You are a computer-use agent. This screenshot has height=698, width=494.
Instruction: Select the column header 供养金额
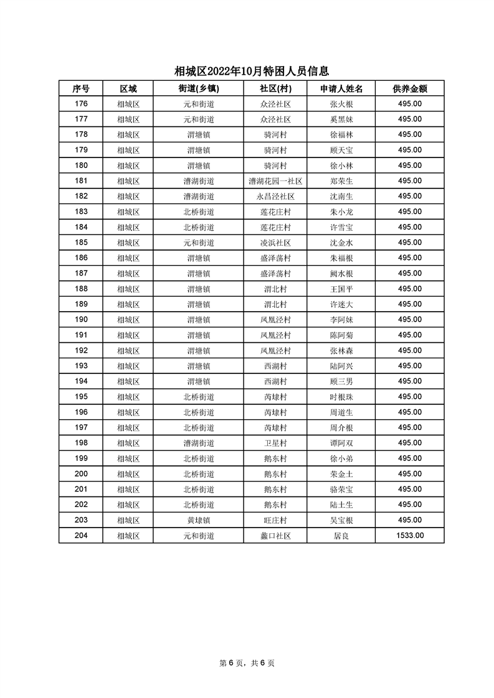click(x=409, y=89)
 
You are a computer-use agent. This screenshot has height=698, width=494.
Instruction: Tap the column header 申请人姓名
click(x=341, y=89)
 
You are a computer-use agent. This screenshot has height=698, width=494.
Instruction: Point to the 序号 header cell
click(x=81, y=89)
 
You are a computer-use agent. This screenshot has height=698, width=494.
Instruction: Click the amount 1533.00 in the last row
click(x=410, y=535)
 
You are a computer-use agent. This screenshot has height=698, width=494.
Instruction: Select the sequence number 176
click(x=81, y=104)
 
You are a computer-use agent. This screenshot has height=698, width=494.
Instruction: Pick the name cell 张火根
click(x=341, y=105)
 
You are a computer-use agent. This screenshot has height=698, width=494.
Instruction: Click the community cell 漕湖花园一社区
click(x=275, y=181)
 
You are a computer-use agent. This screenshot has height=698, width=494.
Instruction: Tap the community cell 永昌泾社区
click(x=275, y=197)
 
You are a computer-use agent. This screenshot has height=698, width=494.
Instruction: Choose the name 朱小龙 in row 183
click(x=341, y=212)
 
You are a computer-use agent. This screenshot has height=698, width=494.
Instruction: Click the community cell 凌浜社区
click(x=275, y=243)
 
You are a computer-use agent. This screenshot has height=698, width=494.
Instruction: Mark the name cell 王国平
click(x=341, y=289)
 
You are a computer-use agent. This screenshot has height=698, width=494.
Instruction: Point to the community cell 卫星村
click(x=275, y=443)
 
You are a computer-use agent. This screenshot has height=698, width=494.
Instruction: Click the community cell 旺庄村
click(x=275, y=520)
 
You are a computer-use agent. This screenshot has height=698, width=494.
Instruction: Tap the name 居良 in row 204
click(x=341, y=536)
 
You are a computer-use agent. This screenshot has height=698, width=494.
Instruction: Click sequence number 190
click(x=81, y=320)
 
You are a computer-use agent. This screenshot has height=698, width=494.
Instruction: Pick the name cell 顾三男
click(x=341, y=381)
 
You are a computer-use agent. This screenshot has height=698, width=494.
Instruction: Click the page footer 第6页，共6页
click(x=247, y=663)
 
